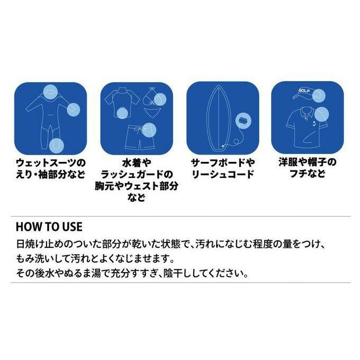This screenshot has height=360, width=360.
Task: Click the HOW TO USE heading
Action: (x=49, y=227)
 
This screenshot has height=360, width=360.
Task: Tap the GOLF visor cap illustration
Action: (x=307, y=94)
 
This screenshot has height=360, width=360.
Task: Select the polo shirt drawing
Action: (x=307, y=128)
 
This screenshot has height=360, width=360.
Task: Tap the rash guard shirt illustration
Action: (x=122, y=103)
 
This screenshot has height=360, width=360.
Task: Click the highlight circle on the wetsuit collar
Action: (x=50, y=92)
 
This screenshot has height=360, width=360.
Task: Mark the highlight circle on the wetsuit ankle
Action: (x=57, y=146)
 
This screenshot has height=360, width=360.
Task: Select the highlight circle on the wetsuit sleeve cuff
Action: (x=74, y=109)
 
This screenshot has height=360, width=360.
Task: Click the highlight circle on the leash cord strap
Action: (x=244, y=121)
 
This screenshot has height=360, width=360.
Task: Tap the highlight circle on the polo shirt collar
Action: (x=321, y=114)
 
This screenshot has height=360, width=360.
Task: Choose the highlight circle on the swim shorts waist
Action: (x=149, y=130)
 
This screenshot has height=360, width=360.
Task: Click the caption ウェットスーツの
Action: (x=51, y=163)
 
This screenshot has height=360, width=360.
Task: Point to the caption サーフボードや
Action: (x=223, y=163)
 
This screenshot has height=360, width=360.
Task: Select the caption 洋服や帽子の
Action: (x=308, y=162)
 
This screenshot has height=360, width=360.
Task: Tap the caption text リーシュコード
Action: (x=223, y=174)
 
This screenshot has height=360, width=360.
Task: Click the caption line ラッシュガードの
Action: (x=137, y=174)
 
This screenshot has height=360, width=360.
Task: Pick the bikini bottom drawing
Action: (x=152, y=112)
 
